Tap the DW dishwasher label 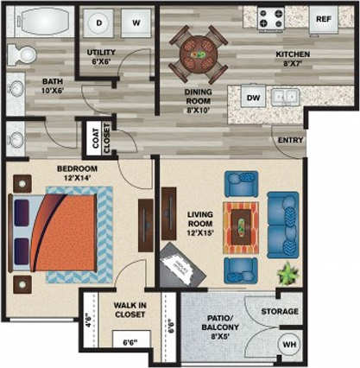coord(253,97)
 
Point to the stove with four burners coord(268,18)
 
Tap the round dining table coord(199,54)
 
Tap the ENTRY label coord(287,140)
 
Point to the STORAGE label coord(281,311)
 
